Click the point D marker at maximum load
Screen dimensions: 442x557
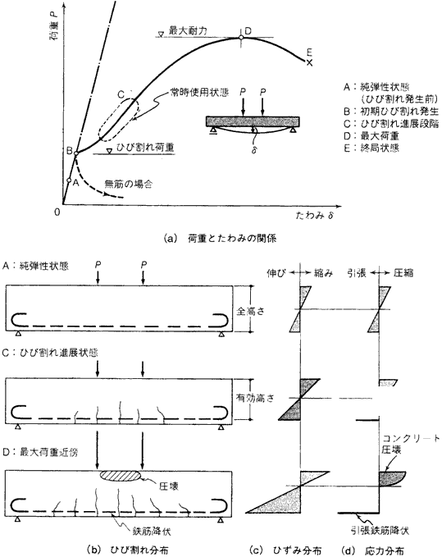(241, 37)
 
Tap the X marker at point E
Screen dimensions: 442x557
(310, 63)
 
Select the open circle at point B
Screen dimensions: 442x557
(76, 153)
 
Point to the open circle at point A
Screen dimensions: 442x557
(69, 180)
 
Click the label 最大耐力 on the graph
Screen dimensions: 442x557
(188, 31)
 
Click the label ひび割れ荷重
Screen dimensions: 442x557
(145, 147)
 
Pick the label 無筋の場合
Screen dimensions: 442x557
(129, 184)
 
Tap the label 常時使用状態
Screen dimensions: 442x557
(199, 94)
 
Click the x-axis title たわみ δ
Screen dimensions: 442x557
(315, 215)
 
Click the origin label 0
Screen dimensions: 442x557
(57, 212)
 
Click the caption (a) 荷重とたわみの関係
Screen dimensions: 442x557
(220, 239)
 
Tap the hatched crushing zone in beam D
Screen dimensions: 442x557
(121, 475)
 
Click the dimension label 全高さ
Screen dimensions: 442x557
(251, 311)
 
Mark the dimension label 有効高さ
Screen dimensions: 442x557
(255, 398)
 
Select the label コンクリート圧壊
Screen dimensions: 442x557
(411, 444)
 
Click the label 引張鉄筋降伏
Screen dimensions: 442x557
(380, 531)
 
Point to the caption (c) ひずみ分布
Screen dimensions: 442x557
(286, 550)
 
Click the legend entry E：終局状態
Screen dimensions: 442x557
(371, 148)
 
